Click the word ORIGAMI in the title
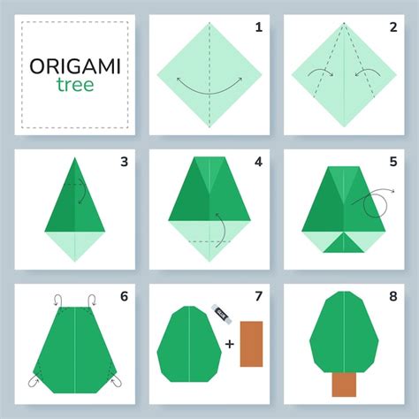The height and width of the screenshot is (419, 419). (x=75, y=66)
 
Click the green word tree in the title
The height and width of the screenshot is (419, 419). (x=75, y=85)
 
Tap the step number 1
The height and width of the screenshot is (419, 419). (x=259, y=27)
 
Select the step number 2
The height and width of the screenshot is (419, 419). (x=393, y=27)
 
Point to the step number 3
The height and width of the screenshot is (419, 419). (x=124, y=162)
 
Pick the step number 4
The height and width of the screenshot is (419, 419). (x=258, y=162)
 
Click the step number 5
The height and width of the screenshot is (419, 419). (x=393, y=162)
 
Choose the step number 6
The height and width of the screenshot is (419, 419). (x=124, y=296)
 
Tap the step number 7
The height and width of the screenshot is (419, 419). (x=259, y=296)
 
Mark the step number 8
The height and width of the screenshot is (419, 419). (x=393, y=296)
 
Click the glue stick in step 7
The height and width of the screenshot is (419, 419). (x=221, y=314)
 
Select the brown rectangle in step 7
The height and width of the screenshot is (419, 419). (x=251, y=344)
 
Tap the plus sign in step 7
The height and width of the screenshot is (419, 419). (x=230, y=344)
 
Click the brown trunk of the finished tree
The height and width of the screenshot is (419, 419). (x=344, y=385)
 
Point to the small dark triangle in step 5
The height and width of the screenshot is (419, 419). (x=344, y=243)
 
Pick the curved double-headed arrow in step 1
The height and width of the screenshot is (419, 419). (x=209, y=94)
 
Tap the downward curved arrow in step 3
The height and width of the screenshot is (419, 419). (x=84, y=191)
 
